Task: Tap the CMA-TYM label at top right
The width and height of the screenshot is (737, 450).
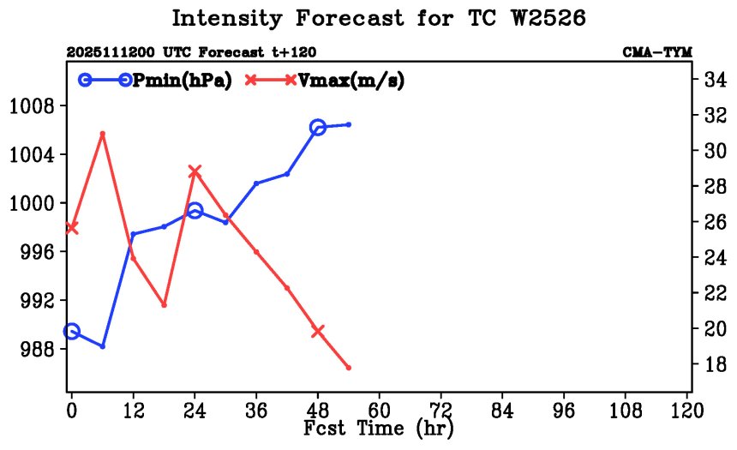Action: [657, 52]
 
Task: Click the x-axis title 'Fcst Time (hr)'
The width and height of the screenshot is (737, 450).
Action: [379, 428]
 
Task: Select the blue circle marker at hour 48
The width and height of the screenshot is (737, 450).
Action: [318, 128]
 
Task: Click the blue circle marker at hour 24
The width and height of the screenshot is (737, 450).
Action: [195, 211]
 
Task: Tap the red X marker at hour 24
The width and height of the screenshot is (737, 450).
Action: [195, 171]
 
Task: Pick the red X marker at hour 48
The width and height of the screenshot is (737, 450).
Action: [318, 331]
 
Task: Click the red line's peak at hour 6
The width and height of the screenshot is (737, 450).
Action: [103, 134]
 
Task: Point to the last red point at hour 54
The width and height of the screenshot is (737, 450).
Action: [349, 368]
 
